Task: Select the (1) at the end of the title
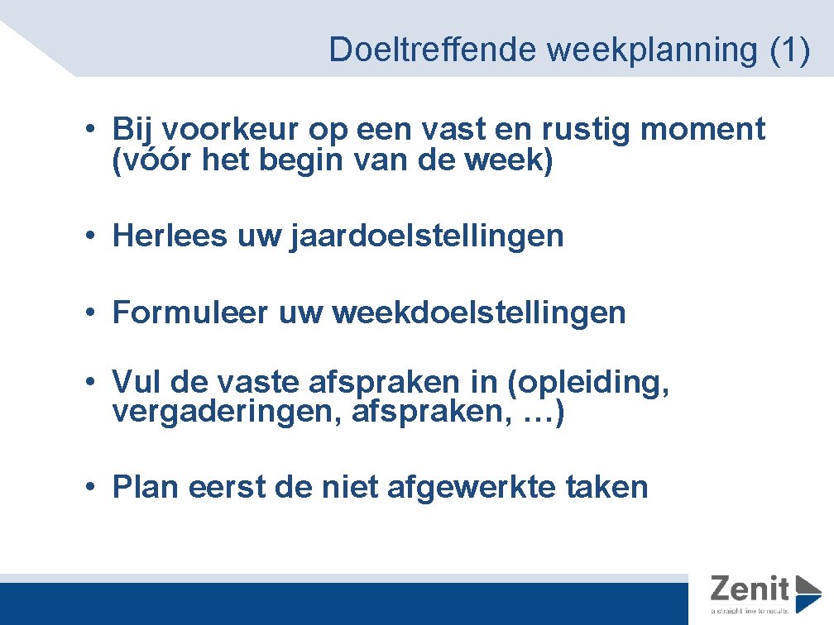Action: pos(789,50)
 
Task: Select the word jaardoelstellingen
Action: pos(427,236)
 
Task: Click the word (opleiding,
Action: pos(588,383)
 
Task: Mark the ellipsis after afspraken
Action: pos(534,413)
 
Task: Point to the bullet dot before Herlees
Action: pos(97,237)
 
